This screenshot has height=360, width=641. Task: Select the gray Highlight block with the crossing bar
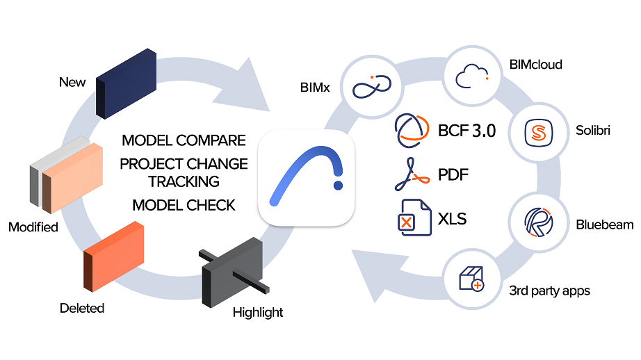pyautogui.click(x=233, y=274)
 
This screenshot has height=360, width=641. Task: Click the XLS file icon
pyautogui.click(x=411, y=217)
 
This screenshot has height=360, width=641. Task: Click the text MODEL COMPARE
pyautogui.click(x=184, y=140)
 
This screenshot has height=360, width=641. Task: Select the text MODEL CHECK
pyautogui.click(x=184, y=205)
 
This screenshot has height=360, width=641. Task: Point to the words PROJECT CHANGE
pyautogui.click(x=184, y=164)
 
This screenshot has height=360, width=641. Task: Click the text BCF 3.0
pyautogui.click(x=467, y=131)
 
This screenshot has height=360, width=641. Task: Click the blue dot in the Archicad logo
pyautogui.click(x=338, y=186)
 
